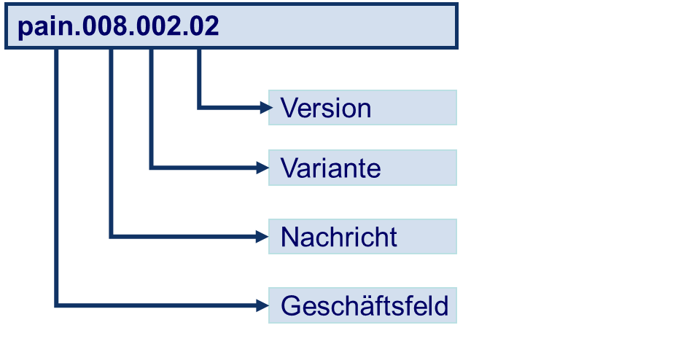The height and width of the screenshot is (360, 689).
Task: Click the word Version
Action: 326,109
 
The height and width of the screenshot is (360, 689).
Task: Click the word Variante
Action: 330,168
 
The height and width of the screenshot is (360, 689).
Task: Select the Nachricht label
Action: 338,237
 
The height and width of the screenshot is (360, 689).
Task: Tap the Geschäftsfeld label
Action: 364,305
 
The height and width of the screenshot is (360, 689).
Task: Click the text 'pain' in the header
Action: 44,27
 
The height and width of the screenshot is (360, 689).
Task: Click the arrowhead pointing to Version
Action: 264,108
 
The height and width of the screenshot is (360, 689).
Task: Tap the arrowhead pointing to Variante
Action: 264,168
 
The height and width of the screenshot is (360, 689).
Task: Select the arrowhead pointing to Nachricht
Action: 264,236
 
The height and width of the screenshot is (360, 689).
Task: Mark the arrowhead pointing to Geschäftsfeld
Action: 264,305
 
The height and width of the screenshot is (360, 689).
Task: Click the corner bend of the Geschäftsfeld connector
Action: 56,305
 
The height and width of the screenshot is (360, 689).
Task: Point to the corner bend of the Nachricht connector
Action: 111,236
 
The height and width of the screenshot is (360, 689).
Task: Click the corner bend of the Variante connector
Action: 151,168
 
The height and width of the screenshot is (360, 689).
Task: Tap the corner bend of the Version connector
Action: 199,108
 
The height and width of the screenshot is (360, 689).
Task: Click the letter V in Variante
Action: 288,168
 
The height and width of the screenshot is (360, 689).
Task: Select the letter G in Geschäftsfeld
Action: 291,305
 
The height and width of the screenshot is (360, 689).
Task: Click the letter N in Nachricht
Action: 289,237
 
